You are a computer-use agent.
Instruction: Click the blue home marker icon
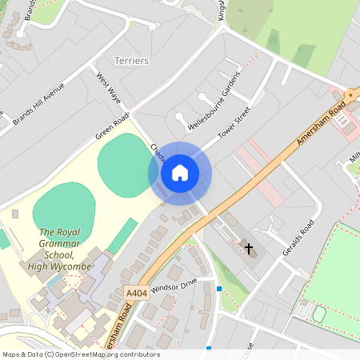tap(180, 172)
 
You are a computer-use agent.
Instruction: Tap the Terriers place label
tap(132, 61)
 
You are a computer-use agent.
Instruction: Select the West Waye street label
tap(109, 90)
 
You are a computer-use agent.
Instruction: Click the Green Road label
tap(112, 126)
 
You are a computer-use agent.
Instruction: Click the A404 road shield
tap(136, 294)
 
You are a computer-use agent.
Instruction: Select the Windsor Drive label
tap(173, 285)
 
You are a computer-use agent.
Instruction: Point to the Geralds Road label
tap(294, 237)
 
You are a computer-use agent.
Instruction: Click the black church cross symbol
tap(249, 249)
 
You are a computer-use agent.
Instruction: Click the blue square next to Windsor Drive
tap(218, 288)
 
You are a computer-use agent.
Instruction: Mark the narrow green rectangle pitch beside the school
tap(122, 235)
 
